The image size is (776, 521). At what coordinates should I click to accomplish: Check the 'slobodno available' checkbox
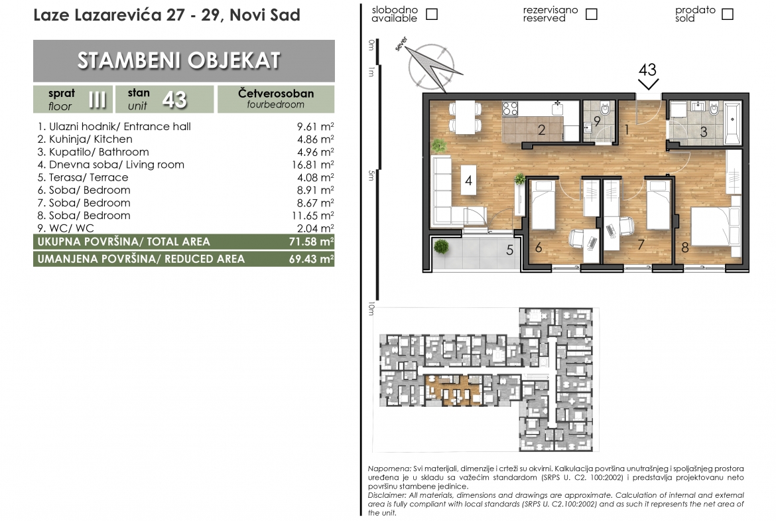[432, 14]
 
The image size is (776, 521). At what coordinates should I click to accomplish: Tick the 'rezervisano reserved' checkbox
[592, 14]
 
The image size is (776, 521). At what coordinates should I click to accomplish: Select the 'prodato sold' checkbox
[728, 14]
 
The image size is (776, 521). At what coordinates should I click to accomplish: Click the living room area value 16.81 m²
[313, 165]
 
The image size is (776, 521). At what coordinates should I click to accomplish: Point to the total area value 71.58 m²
[311, 242]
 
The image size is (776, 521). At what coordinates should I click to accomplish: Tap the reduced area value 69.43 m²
[311, 259]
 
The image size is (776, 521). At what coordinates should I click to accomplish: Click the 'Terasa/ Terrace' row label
[83, 177]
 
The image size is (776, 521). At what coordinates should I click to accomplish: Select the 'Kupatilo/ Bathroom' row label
[93, 152]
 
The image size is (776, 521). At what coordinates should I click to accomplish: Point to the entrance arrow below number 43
[648, 84]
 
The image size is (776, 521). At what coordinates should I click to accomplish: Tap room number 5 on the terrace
[510, 250]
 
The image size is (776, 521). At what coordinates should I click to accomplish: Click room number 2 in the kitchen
[541, 130]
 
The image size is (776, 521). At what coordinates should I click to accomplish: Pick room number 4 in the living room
[469, 181]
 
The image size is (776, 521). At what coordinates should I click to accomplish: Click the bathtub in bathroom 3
[732, 122]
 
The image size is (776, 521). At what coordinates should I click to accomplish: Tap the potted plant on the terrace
[440, 247]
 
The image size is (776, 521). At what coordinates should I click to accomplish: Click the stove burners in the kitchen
[510, 109]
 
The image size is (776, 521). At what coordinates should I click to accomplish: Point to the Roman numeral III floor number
[97, 100]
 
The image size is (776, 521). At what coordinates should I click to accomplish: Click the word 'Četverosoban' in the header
[276, 93]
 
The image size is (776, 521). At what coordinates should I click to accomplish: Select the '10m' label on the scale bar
[371, 309]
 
